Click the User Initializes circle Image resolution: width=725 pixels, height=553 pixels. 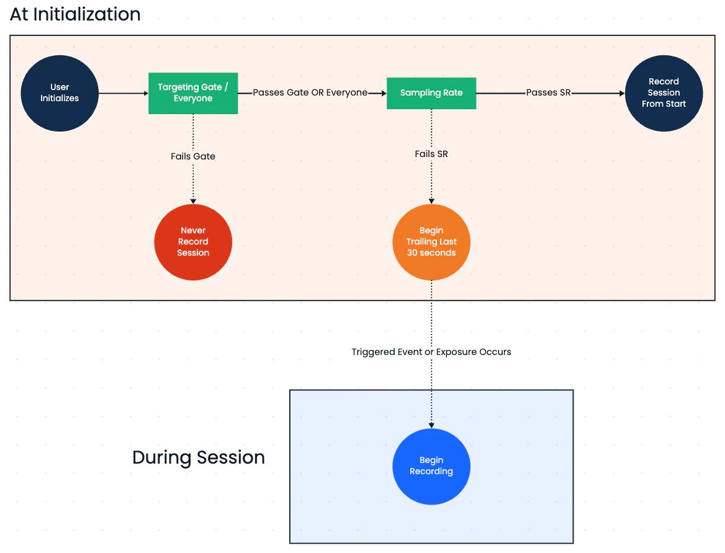click(x=60, y=93)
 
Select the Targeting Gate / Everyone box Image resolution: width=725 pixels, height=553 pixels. click(x=193, y=93)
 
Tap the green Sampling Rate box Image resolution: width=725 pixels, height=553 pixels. click(x=431, y=93)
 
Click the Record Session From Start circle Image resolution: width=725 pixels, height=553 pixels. click(x=664, y=93)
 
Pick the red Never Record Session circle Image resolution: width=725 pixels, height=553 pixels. click(x=193, y=242)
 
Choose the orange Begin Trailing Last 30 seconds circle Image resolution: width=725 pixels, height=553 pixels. click(x=431, y=242)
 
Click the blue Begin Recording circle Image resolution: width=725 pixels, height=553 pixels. click(x=431, y=466)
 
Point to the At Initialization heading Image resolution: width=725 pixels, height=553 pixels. click(x=75, y=14)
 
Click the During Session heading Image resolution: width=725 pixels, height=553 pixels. click(x=199, y=457)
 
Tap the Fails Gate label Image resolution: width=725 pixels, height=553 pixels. click(x=193, y=156)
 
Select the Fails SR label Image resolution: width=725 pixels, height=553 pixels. click(x=431, y=154)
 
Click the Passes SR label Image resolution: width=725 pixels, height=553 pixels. click(x=548, y=93)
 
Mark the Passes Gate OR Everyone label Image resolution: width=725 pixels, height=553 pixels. click(x=310, y=93)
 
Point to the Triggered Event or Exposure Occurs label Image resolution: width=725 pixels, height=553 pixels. click(x=431, y=352)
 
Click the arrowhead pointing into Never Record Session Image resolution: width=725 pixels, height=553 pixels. click(x=193, y=200)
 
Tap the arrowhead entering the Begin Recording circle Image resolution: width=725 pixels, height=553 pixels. click(x=431, y=425)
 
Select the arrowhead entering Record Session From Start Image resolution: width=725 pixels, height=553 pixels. click(x=621, y=93)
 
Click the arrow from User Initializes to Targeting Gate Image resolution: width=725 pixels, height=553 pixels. click(x=123, y=93)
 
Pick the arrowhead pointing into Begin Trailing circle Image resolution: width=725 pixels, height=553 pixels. click(x=431, y=200)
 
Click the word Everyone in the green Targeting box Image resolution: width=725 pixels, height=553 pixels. click(x=193, y=99)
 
